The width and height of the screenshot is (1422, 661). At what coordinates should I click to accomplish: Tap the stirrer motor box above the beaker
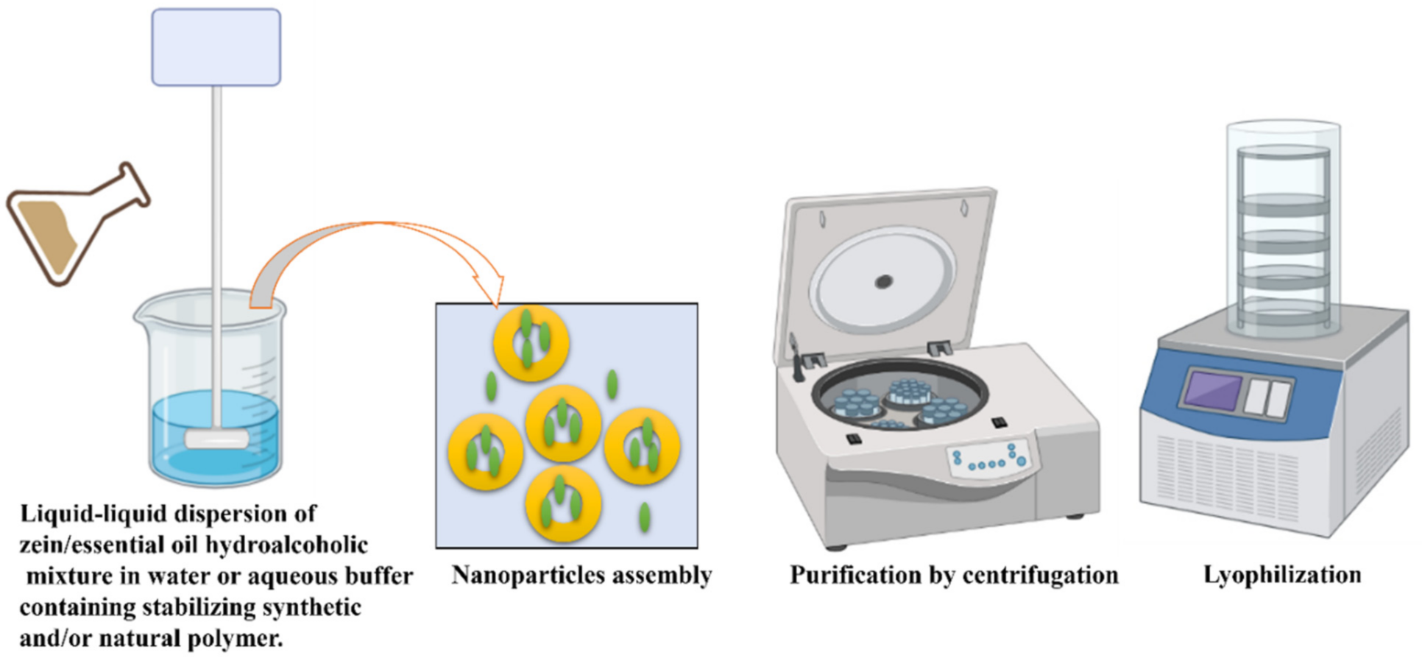(216, 47)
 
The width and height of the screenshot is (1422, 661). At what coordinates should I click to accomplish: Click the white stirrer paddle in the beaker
(216, 439)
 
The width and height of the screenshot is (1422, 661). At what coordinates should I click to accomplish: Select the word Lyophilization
(1282, 575)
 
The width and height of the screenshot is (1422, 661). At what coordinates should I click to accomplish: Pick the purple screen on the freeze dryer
(1211, 390)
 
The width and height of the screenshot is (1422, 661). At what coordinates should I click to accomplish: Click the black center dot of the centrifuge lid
(883, 281)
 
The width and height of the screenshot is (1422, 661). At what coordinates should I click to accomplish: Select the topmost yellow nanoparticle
(531, 342)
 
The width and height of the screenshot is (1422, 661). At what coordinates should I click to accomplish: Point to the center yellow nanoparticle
(564, 423)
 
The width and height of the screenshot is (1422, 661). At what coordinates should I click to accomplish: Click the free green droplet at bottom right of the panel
(645, 517)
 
